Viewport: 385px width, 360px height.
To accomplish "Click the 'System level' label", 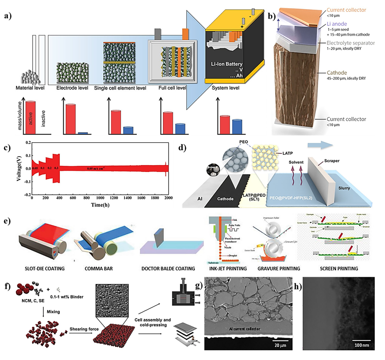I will coord(225,88).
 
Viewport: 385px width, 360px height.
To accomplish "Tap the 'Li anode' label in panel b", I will coord(337,24).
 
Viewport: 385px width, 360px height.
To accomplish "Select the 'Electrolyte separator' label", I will coord(350,43).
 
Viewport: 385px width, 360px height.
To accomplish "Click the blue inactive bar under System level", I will coord(237,126).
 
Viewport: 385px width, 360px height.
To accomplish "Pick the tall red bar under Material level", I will coord(30,117).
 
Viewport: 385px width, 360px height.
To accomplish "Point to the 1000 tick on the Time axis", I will coord(100,198).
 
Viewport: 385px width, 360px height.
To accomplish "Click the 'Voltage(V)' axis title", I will coord(19,169).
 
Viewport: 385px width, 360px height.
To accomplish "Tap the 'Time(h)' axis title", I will coord(100,205).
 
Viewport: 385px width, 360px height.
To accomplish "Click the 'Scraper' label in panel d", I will coord(332,161).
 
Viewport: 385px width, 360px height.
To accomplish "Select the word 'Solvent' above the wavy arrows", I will coord(296,162).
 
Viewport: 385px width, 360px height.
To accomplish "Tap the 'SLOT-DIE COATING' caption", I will coord(45,269).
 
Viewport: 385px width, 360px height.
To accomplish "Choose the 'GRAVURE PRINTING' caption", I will coord(279,269).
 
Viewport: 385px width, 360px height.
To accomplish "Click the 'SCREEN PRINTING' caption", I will coord(339,269).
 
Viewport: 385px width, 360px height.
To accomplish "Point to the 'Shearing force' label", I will coord(84,329).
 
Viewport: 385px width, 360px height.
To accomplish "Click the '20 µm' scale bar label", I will coord(280,345).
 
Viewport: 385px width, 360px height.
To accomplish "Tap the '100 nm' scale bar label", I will coord(362,345).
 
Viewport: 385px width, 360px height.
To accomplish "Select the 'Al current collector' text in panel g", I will coord(245,329).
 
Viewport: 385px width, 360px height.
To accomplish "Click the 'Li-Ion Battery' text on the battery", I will coord(227,64).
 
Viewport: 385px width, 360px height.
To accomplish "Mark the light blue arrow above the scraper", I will coord(320,145).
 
